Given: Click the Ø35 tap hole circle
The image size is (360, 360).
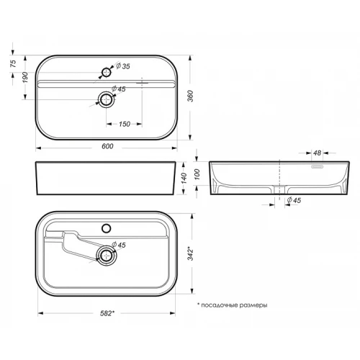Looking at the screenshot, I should (x=107, y=72).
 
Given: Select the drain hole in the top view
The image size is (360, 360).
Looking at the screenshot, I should (x=107, y=99).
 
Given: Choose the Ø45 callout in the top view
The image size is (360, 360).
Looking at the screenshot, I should (x=120, y=90).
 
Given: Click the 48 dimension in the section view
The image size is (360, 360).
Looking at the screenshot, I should (x=317, y=153).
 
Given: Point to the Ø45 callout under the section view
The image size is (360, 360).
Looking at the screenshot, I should (x=292, y=200).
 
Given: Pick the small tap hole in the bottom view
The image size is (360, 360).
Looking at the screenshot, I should (x=107, y=228).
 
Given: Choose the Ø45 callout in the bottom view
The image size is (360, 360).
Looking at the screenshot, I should (x=120, y=246).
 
